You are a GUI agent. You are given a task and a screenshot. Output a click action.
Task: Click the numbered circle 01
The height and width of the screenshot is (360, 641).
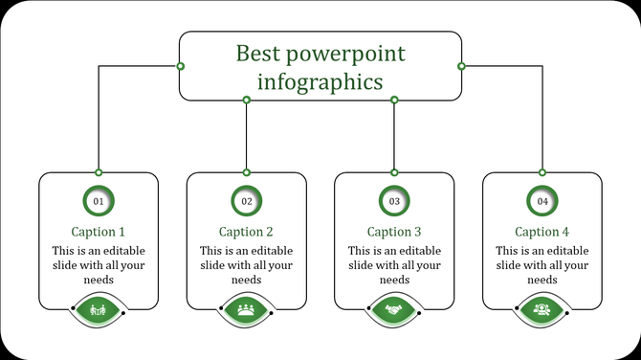click(99, 201)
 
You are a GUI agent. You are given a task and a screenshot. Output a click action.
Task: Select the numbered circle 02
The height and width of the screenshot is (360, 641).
click(247, 201)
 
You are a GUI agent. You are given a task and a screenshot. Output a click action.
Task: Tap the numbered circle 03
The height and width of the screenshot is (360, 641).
click(394, 201)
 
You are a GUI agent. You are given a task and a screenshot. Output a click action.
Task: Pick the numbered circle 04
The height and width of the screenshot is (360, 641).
click(542, 201)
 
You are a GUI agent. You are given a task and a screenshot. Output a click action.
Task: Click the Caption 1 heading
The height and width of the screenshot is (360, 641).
click(99, 232)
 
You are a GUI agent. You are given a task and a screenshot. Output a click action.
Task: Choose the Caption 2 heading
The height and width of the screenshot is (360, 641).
click(247, 232)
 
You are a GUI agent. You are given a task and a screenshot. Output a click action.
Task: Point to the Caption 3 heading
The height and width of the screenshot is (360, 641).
click(394, 232)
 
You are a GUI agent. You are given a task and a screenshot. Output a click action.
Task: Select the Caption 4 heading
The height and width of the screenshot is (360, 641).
click(542, 232)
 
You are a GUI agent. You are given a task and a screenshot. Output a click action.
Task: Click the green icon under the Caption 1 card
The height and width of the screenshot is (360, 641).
click(99, 309)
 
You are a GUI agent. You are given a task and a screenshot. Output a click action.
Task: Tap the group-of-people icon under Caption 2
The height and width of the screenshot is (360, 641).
click(247, 309)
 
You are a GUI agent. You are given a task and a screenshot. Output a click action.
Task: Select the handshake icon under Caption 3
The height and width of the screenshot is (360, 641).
click(394, 309)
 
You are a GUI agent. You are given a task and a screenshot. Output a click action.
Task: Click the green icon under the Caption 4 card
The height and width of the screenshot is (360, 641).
click(542, 309)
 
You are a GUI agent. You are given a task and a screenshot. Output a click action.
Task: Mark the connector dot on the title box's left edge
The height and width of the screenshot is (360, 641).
click(180, 66)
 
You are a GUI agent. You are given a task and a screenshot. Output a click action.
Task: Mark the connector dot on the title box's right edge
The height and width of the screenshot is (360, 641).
click(461, 66)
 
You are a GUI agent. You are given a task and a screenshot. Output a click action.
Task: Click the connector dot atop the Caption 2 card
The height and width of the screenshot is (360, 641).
click(247, 172)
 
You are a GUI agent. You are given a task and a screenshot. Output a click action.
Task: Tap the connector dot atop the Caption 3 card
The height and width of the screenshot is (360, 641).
click(394, 172)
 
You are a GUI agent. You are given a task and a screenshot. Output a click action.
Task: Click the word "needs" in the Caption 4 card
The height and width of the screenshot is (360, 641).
click(542, 280)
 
